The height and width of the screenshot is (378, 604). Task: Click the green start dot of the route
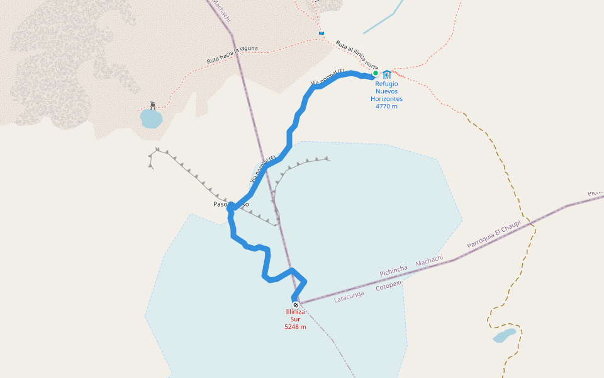[376, 73]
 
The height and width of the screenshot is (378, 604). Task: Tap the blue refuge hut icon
[387, 74]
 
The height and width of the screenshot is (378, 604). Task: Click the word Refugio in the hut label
[386, 84]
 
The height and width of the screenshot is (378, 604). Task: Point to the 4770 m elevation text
[386, 106]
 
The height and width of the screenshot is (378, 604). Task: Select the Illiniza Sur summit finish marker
[295, 305]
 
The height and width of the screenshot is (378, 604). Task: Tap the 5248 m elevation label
[295, 327]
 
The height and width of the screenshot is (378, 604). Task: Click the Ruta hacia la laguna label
[232, 55]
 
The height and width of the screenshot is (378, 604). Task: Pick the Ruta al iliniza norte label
[357, 55]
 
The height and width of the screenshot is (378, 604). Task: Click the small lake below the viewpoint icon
[151, 118]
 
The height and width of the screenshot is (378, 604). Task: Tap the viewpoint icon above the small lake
[152, 105]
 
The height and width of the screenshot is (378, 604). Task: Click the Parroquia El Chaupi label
[494, 235]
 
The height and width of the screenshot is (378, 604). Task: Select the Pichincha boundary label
[394, 271]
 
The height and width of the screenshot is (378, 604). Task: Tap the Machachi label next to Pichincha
[429, 261]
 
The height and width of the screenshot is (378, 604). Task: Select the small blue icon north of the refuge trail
[322, 33]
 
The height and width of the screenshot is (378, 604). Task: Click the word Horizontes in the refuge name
[386, 99]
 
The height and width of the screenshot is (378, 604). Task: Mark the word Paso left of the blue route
[220, 204]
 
